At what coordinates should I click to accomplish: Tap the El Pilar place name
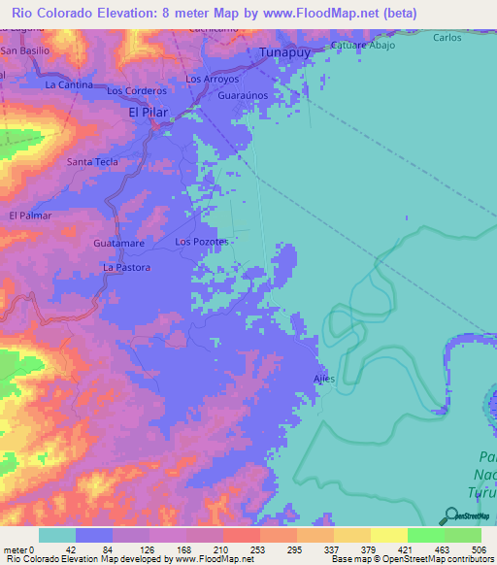tap(149, 113)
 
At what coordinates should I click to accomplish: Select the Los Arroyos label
tap(212, 79)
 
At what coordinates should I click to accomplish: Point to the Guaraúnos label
tap(244, 97)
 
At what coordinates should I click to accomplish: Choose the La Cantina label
tap(69, 84)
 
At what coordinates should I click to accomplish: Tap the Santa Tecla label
tap(92, 162)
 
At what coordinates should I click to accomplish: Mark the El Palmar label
tap(28, 216)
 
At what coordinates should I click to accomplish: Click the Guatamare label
tap(119, 242)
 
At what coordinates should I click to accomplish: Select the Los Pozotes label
tap(201, 241)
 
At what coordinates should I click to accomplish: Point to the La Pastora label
tap(127, 266)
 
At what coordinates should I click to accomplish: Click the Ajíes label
tap(324, 379)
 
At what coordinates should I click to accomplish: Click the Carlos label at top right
tap(447, 37)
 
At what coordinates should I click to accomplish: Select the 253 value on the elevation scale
tap(241, 549)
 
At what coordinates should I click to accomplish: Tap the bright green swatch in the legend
tap(425, 535)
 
